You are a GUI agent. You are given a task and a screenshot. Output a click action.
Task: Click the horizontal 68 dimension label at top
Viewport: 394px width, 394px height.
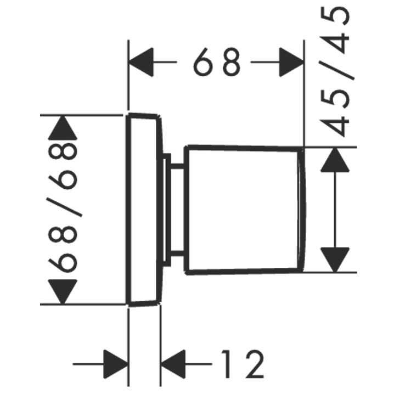pos(217,62)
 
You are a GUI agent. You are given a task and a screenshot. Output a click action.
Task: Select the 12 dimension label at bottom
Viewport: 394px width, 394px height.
pos(243,364)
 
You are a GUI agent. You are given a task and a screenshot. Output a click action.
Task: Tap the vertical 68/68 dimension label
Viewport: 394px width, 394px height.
pos(63,207)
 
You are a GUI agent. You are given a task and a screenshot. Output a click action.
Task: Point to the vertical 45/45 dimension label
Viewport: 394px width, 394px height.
pos(336,72)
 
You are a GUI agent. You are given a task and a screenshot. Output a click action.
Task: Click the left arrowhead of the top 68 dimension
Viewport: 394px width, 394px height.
pos(140,62)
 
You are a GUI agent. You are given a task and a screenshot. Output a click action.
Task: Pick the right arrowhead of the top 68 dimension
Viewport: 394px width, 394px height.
pos(291,62)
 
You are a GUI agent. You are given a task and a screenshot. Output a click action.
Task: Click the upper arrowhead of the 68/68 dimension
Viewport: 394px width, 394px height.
pos(63,128)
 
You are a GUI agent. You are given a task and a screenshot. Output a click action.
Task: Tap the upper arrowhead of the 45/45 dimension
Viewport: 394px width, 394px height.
pos(335,160)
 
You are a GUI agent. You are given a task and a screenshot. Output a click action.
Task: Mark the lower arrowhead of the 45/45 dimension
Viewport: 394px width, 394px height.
pos(335,260)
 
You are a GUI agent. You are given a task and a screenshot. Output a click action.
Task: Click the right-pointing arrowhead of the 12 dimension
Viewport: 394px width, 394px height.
pos(116,364)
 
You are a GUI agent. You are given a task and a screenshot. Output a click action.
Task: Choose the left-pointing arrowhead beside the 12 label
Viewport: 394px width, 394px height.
pos(173,364)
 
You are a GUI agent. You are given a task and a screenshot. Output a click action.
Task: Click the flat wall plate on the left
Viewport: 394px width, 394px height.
pos(144,210)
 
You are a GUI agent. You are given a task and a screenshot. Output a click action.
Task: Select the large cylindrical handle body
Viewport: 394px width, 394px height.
pos(243,210)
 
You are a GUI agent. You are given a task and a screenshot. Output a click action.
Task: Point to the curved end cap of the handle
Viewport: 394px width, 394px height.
pos(302,210)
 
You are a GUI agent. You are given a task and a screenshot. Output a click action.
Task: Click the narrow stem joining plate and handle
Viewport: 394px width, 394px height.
pos(177,210)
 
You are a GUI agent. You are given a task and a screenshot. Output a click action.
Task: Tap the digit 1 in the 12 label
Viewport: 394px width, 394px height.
pos(227,364)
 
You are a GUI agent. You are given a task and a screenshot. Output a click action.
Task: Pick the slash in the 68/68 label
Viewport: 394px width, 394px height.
pos(65,207)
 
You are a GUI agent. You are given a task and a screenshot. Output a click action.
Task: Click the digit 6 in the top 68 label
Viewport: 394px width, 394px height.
pos(202,62)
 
